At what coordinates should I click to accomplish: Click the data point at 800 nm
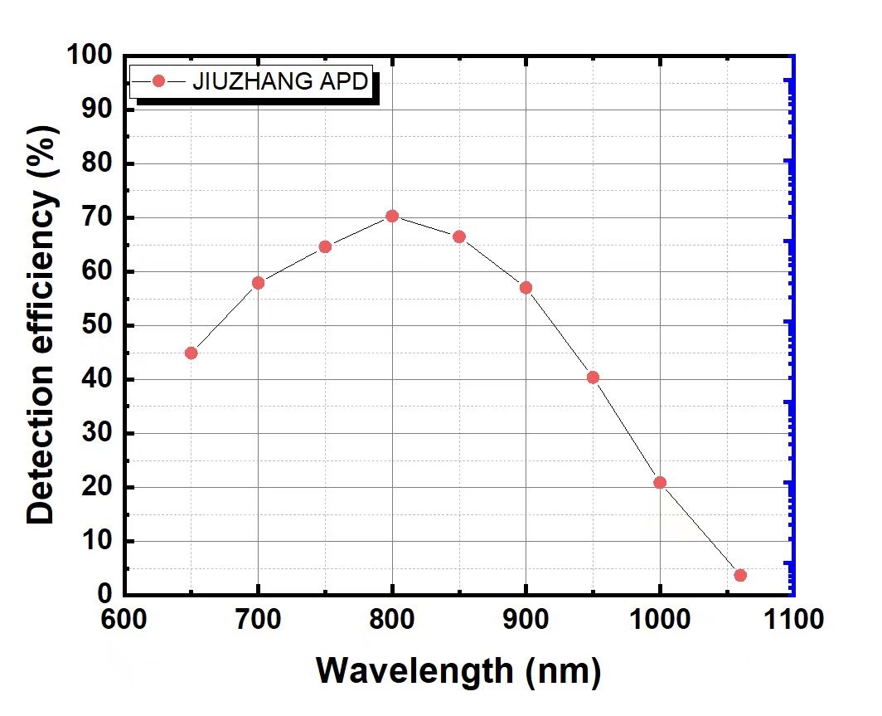coord(392,217)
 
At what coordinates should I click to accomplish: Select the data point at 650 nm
coord(191,353)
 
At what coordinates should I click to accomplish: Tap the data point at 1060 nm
coord(740,575)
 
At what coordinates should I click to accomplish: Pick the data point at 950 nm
coord(593,377)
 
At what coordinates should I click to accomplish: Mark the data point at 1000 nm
coord(660,482)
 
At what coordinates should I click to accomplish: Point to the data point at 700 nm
coord(258,283)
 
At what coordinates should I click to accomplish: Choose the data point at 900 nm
coord(526,288)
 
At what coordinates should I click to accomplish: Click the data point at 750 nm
coord(325,246)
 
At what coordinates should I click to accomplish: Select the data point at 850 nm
coord(459,236)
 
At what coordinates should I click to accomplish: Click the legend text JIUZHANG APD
coord(280,82)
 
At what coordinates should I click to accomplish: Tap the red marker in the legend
coord(160,81)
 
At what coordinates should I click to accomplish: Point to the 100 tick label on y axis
coord(90,56)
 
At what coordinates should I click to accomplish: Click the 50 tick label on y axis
coord(97,326)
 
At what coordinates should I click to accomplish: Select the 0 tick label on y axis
coord(104,595)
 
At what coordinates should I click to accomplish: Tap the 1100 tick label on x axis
coord(793,620)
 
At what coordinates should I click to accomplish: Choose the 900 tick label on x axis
coord(526,620)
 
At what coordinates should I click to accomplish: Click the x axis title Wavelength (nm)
coord(458,670)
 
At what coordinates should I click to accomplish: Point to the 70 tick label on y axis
coord(97,218)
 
